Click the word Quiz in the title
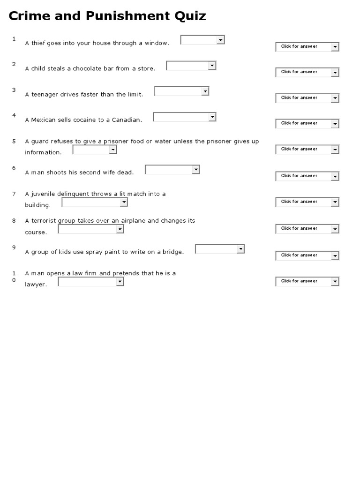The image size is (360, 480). click(189, 16)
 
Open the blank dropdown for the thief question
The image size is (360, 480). click(202, 40)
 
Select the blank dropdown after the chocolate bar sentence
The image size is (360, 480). click(191, 66)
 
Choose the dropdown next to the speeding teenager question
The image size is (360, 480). click(182, 91)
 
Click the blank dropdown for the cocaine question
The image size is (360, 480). click(185, 117)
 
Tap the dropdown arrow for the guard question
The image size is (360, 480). click(113, 150)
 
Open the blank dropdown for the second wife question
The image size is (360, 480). click(172, 169)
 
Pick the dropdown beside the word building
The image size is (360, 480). click(95, 202)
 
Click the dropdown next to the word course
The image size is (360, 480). click(91, 229)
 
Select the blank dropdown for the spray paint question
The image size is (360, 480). click(220, 249)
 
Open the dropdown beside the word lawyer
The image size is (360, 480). click(91, 282)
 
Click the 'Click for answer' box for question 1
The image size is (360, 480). click(307, 47)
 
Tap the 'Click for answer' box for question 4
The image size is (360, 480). click(307, 124)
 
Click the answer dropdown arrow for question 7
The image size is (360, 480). click(335, 202)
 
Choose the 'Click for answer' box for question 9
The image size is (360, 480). click(307, 255)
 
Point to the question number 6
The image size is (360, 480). click(14, 168)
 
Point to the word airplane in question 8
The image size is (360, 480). click(134, 221)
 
